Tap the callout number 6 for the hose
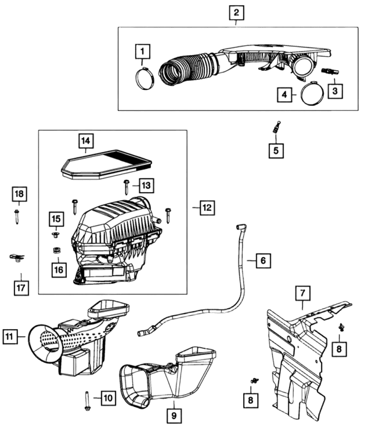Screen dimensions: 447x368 [x=262, y=261]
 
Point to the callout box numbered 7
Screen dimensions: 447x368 [x=302, y=293]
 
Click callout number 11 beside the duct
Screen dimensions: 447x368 [x=9, y=336]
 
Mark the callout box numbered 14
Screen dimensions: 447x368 [x=86, y=140]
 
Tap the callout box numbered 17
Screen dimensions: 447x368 [x=21, y=288]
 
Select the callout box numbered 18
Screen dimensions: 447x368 [x=19, y=193]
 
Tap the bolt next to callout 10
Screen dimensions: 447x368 [x=87, y=401]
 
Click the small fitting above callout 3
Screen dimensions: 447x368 [x=329, y=71]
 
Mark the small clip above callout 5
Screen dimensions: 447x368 [x=277, y=126]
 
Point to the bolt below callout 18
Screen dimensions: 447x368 [x=17, y=217]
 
